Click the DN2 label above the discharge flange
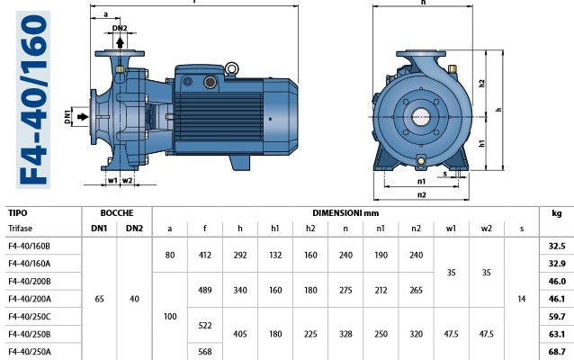pyautogui.click(x=120, y=28)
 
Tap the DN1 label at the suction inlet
pyautogui.click(x=67, y=116)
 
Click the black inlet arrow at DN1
pyautogui.click(x=83, y=116)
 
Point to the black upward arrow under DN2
pyautogui.click(x=120, y=42)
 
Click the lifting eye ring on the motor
pyautogui.click(x=232, y=69)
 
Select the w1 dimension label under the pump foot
pyautogui.click(x=112, y=181)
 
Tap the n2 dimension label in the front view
pyautogui.click(x=422, y=194)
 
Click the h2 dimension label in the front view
pyautogui.click(x=481, y=84)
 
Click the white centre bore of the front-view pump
pyautogui.click(x=421, y=117)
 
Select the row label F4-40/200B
pyautogui.click(x=30, y=282)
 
